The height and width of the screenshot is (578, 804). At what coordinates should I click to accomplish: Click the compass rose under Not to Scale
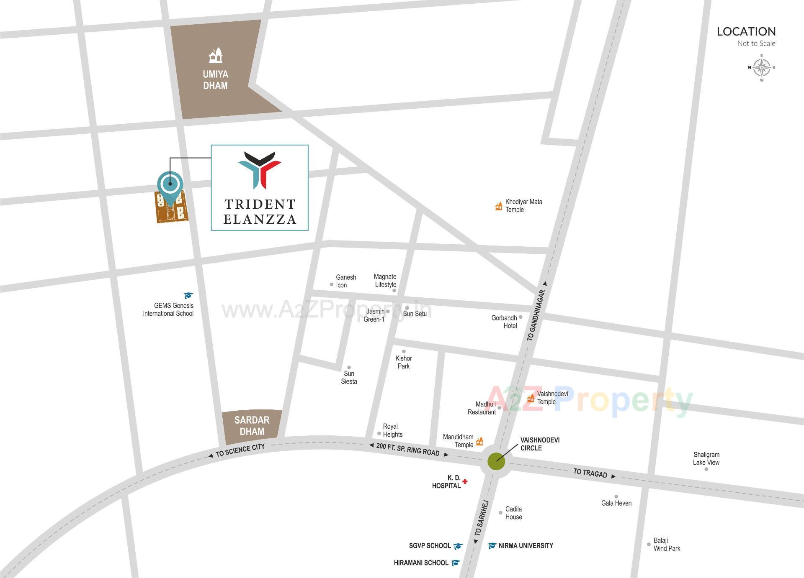[762, 67]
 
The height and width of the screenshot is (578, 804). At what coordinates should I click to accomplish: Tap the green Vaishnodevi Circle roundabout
[496, 462]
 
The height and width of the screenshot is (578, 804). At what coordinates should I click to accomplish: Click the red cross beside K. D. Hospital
[465, 481]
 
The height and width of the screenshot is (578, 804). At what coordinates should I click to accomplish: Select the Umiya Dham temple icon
[215, 56]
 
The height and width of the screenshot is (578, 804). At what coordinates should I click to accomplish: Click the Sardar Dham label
[252, 426]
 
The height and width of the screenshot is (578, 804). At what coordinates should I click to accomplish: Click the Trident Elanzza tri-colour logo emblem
[260, 169]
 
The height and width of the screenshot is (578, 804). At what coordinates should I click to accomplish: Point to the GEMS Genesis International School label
[168, 309]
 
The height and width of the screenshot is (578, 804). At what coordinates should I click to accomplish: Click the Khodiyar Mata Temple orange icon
[499, 206]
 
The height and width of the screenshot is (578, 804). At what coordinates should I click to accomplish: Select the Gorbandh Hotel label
[505, 322]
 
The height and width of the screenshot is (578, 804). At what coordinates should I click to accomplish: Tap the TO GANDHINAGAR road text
[536, 315]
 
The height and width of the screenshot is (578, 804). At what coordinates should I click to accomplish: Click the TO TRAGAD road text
[590, 473]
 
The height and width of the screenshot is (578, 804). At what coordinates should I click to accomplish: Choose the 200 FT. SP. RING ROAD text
[408, 449]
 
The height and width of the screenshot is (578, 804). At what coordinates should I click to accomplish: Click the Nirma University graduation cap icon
[492, 546]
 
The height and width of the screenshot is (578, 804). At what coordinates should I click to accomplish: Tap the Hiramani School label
[421, 563]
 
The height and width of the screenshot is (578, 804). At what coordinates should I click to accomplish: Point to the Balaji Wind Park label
[667, 545]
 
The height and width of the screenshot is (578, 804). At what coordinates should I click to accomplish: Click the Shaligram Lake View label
[706, 458]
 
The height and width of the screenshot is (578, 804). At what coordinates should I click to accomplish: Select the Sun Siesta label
[349, 377]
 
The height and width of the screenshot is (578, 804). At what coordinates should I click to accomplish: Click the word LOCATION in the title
[746, 31]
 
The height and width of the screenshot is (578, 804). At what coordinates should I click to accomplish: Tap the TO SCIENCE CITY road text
[240, 450]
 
